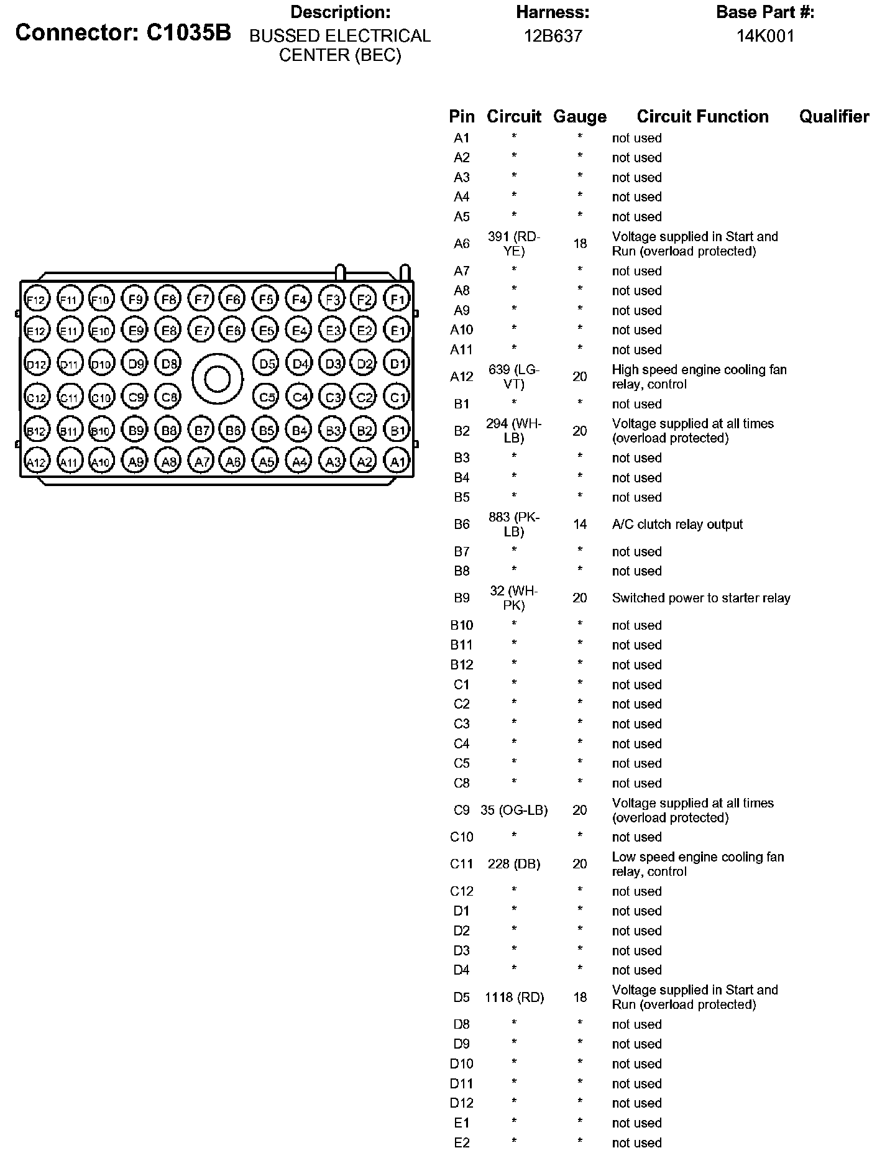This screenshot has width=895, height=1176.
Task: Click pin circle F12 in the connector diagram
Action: coord(36,300)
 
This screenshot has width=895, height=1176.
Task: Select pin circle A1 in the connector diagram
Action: coord(397,461)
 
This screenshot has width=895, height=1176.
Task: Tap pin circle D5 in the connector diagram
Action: coord(266,364)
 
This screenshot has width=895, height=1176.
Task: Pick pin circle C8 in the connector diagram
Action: coord(168,396)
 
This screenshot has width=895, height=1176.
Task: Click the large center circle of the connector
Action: coord(217,379)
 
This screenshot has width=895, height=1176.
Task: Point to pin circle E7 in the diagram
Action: coord(201,331)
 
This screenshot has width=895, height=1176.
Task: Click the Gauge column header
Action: coord(579,117)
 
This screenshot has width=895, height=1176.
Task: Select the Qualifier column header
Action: coord(833,117)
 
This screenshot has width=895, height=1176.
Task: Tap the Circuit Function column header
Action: coord(702,117)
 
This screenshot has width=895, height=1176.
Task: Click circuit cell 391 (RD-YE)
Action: coord(514,244)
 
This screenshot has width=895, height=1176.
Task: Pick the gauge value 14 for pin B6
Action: coord(579,525)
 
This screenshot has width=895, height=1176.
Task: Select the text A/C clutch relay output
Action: coord(677,525)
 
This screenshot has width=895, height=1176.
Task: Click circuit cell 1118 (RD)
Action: coord(514,998)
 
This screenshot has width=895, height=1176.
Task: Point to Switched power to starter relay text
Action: coord(700,598)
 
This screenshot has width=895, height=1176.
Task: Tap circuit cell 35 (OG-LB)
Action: coord(514,811)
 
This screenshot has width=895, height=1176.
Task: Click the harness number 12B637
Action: coord(553,36)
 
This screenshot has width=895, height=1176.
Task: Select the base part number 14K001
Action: coord(765,36)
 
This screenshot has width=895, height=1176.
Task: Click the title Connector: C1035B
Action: coord(123,33)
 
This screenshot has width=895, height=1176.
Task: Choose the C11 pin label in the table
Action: coord(461,865)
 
